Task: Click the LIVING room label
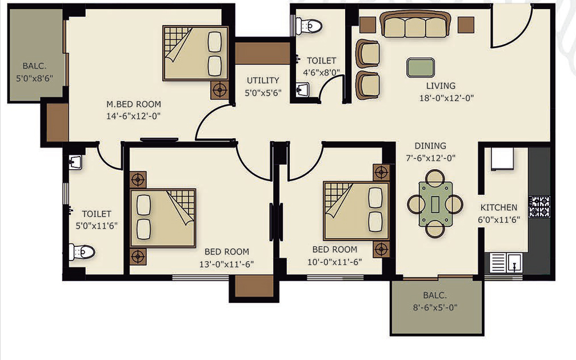pyautogui.click(x=441, y=86)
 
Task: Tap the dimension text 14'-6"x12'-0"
pyautogui.click(x=134, y=116)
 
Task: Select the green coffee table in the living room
pyautogui.click(x=421, y=67)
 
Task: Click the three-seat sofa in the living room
pyautogui.click(x=415, y=24)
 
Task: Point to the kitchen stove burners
pyautogui.click(x=539, y=207)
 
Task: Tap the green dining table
pyautogui.click(x=435, y=204)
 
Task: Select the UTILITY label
pyautogui.click(x=263, y=81)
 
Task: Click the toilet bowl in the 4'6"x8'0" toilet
pyautogui.click(x=309, y=26)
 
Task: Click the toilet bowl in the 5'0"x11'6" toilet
pyautogui.click(x=82, y=252)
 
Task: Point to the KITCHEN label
pyautogui.click(x=499, y=207)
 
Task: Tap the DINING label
pyautogui.click(x=430, y=146)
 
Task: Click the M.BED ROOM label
pyautogui.click(x=134, y=105)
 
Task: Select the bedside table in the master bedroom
pyautogui.click(x=219, y=90)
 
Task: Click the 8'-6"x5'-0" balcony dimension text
pyautogui.click(x=435, y=307)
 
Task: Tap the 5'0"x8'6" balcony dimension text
pyautogui.click(x=35, y=78)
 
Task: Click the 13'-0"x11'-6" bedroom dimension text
pyautogui.click(x=227, y=264)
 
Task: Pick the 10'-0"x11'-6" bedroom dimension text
pyautogui.click(x=335, y=262)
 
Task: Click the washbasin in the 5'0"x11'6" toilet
pyautogui.click(x=75, y=162)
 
